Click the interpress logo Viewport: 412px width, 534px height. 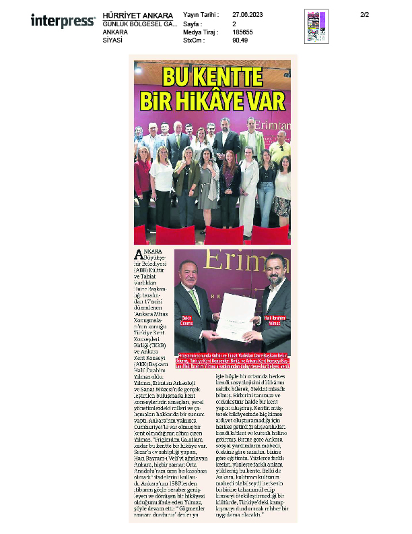click(63, 22)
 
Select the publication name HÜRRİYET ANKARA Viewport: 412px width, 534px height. click(138, 16)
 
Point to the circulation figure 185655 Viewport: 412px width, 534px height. click(244, 32)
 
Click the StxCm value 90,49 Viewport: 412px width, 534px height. click(240, 40)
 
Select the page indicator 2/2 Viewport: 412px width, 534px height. click(365, 15)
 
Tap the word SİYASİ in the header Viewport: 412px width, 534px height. click(112, 40)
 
